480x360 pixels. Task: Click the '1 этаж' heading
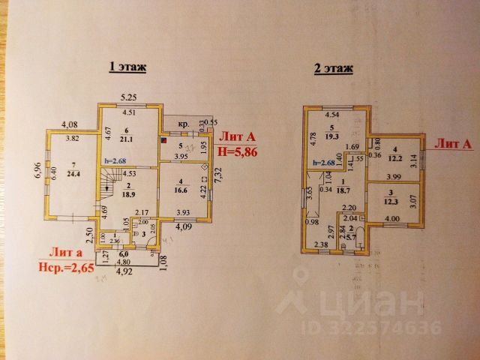pos(127,67)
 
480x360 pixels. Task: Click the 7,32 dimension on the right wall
pos(217,178)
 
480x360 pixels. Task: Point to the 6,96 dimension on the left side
pos(37,172)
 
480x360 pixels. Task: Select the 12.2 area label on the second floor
pos(395,157)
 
